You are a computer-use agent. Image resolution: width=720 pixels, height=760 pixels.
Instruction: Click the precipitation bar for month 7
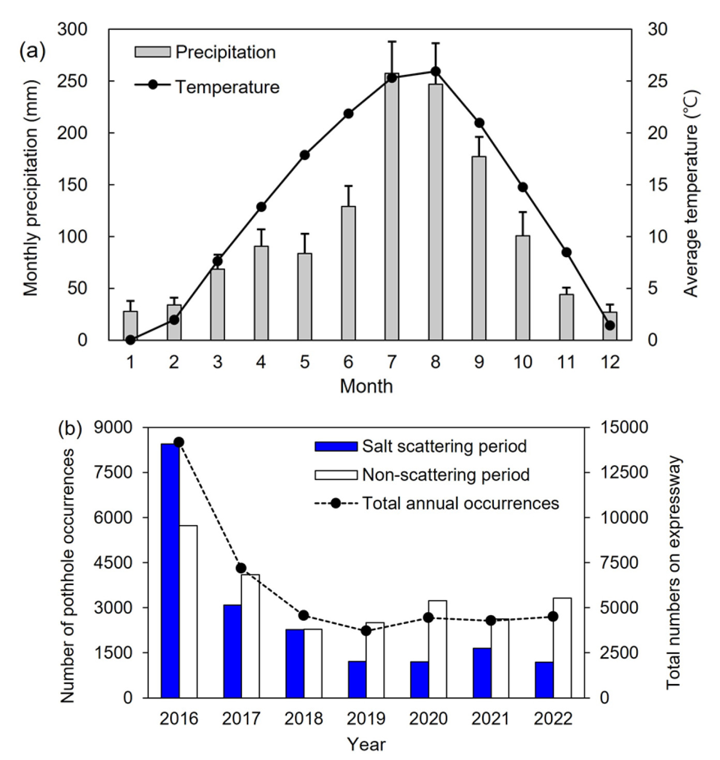coord(392,207)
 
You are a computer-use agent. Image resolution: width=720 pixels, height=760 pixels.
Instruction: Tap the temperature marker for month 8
coord(436,71)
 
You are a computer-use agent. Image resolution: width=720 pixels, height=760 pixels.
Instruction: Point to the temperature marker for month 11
coord(566,252)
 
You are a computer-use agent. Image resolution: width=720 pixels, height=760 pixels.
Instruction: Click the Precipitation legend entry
coord(205,52)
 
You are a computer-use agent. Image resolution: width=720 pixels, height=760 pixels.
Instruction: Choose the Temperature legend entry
coord(207,86)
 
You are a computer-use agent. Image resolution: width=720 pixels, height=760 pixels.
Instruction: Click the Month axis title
coord(366,386)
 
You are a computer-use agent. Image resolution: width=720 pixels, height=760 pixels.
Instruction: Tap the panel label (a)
coord(33,52)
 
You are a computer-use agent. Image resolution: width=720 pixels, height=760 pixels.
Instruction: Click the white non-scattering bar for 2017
coord(250,636)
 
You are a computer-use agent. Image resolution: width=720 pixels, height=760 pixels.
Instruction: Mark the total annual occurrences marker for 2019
coord(366,631)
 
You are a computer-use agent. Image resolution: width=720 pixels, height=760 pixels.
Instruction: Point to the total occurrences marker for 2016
coord(179,442)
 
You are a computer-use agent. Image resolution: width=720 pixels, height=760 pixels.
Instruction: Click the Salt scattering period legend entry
coord(421,446)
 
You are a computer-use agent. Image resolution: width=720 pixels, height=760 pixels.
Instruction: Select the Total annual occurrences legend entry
coord(437,503)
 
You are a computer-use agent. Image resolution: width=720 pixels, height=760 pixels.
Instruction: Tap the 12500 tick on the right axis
coord(623,472)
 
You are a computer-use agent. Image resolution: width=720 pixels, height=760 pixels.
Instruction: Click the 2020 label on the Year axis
coord(428,719)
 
